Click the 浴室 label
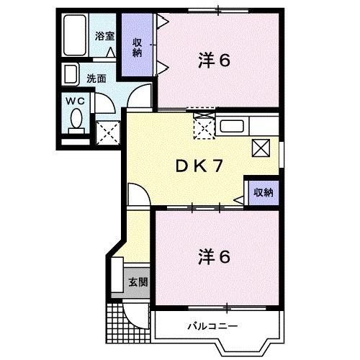pos(105,36)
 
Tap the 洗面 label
pos(96,78)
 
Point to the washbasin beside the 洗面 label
pos(71,74)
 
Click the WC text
pos(76,102)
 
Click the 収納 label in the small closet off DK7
pos(262,192)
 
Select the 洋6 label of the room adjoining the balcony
pos(214,256)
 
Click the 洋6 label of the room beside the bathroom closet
pos(214,61)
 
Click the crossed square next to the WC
pos(108,132)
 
